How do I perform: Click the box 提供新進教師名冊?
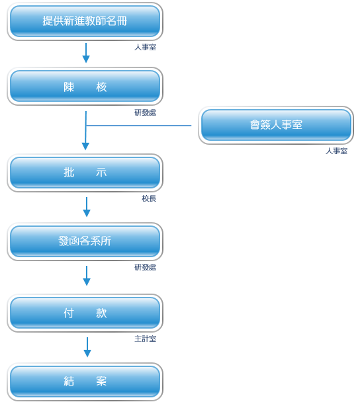(85, 22)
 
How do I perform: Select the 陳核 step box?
(85, 87)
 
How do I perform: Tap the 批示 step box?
(85, 173)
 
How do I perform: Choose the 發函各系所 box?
(85, 241)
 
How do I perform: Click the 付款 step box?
(85, 313)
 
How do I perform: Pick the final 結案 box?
(85, 382)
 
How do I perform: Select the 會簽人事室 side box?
(276, 125)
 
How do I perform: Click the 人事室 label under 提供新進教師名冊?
(145, 47)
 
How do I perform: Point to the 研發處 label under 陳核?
(145, 112)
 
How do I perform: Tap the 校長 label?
(149, 198)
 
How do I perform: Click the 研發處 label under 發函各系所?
(145, 267)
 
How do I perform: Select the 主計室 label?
(145, 339)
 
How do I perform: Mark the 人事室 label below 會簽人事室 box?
(336, 151)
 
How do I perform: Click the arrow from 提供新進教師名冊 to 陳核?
(86, 53)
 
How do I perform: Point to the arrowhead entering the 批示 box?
(85, 146)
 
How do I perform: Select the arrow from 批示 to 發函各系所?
(87, 207)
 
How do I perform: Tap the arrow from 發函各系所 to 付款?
(87, 276)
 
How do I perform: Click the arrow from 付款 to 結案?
(87, 347)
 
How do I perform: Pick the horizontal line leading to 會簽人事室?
(139, 126)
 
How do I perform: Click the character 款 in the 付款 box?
(101, 313)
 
